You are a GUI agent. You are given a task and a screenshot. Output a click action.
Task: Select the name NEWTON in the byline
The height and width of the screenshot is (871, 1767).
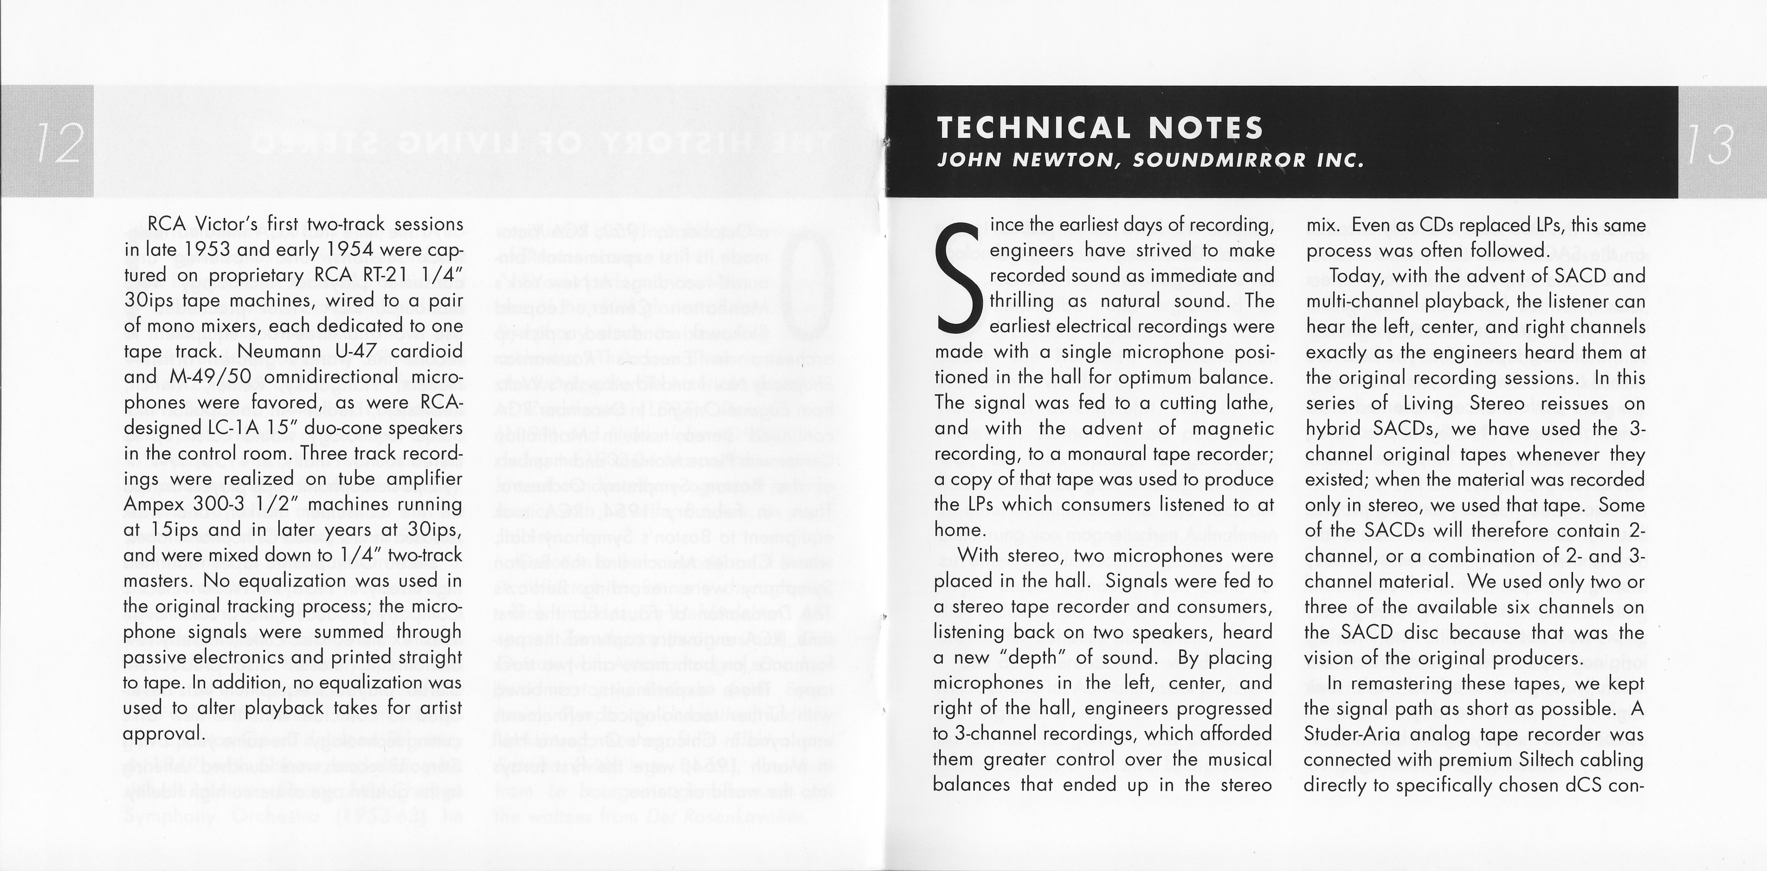(1066, 161)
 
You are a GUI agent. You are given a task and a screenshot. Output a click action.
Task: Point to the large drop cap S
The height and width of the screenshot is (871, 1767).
(958, 291)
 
